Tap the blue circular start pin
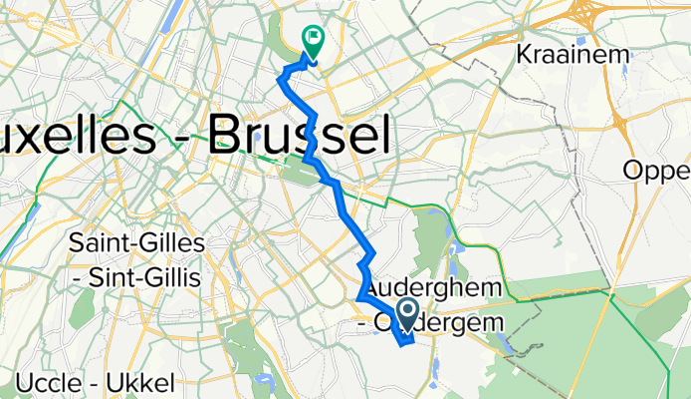[x=408, y=313]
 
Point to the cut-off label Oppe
[x=657, y=171]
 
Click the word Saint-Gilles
[x=138, y=243]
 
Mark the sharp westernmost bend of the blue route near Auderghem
[x=358, y=297]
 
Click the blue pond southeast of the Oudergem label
[x=504, y=344]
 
